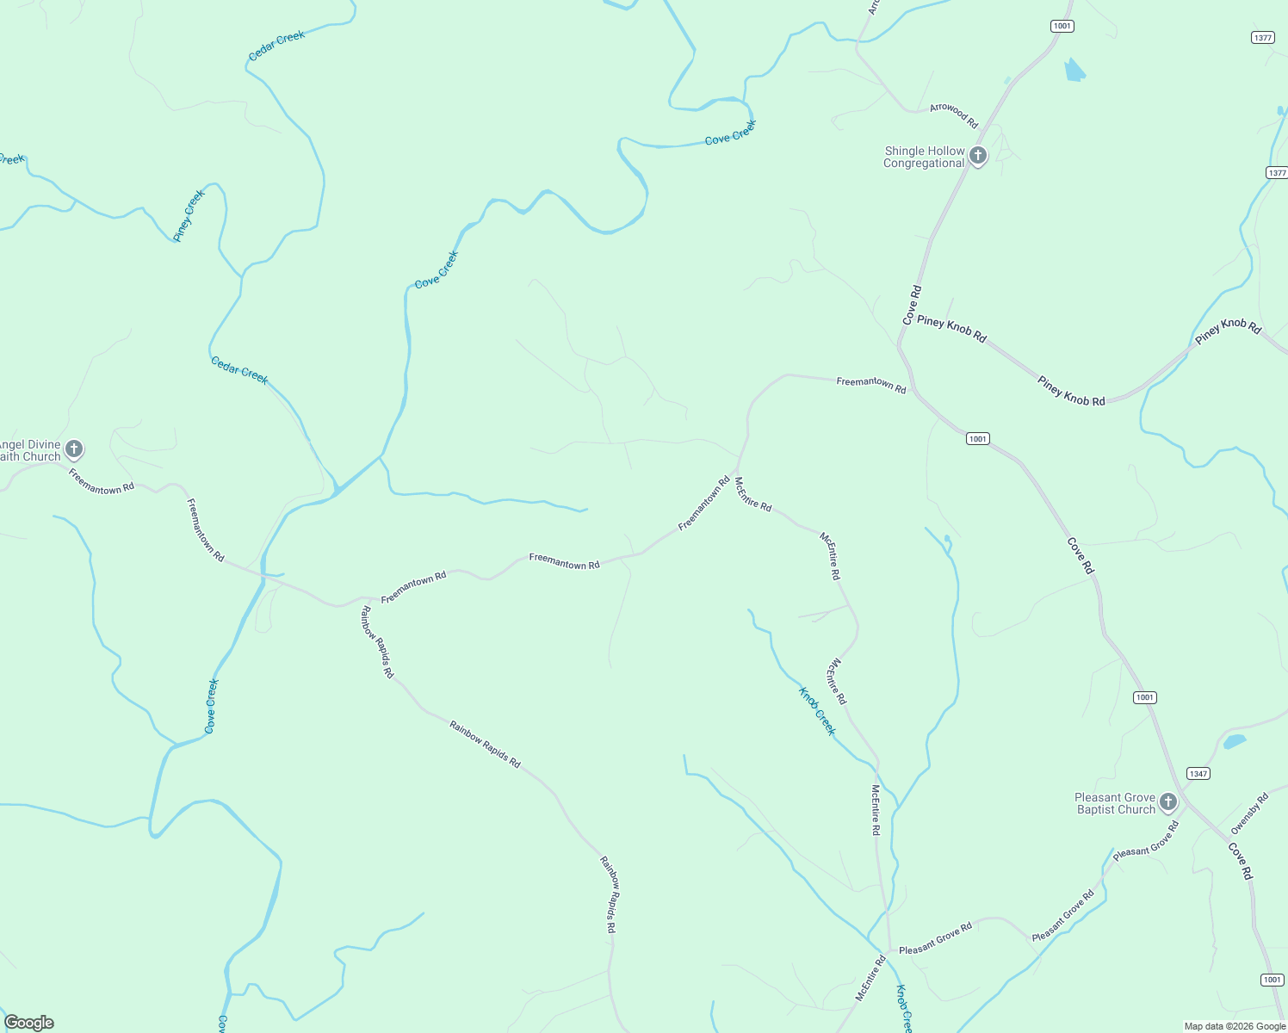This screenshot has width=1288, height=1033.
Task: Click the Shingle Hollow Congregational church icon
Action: (977, 157)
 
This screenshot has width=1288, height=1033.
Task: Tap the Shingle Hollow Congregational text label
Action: (924, 157)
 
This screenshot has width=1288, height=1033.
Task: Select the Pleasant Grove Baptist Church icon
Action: (1167, 802)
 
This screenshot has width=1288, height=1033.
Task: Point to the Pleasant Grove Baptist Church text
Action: (1115, 803)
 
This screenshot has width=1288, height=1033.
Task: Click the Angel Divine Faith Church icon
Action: (74, 449)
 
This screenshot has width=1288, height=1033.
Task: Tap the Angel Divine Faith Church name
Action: (31, 451)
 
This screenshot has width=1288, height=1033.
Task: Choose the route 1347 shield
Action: (1198, 773)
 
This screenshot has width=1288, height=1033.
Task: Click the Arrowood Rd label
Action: (954, 114)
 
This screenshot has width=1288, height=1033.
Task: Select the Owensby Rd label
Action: (1249, 813)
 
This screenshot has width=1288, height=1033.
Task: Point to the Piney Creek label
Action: (189, 215)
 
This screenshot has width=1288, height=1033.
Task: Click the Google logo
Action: (29, 1023)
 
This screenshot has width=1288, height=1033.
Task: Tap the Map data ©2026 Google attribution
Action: (1235, 1026)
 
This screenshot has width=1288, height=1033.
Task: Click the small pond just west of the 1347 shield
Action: (1235, 741)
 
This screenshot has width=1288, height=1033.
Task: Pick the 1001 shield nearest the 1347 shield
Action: (1144, 697)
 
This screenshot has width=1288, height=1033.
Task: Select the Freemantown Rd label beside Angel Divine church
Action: (102, 481)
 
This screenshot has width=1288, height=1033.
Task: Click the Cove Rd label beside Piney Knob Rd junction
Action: (912, 305)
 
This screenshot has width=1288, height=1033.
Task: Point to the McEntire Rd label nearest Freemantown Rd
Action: (753, 494)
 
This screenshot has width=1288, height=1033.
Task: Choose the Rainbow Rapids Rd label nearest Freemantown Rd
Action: (377, 642)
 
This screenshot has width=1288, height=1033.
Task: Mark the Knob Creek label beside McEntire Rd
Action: (817, 711)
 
